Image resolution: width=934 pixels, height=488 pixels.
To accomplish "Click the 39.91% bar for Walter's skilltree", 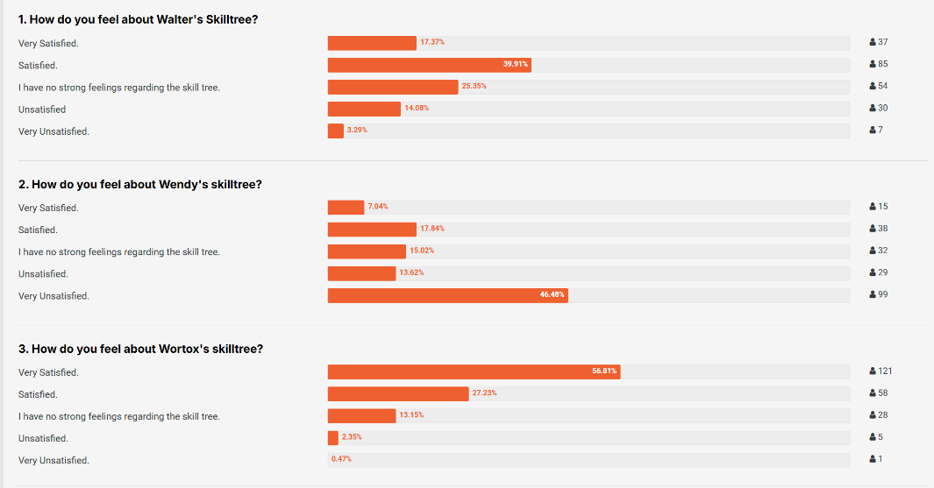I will tap(429, 65).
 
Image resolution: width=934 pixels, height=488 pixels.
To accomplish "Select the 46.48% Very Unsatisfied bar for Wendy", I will tap(447, 296).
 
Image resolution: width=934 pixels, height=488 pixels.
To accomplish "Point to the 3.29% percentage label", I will tap(357, 131).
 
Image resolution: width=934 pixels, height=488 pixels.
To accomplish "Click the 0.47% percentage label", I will tap(341, 459).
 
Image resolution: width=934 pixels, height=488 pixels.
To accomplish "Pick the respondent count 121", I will tap(885, 371).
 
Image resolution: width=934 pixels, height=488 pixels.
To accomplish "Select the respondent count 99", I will tap(883, 294).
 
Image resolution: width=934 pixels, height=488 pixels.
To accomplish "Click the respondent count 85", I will tap(883, 64).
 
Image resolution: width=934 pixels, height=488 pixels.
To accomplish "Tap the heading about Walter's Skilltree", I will tap(138, 19).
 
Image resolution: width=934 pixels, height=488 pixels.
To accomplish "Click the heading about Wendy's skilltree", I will tap(140, 184).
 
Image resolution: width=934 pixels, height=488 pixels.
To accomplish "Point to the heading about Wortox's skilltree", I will tap(140, 349).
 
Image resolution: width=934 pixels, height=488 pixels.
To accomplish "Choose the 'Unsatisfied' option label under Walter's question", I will tap(42, 110).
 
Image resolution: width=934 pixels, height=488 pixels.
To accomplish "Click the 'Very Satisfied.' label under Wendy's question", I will tap(48, 208).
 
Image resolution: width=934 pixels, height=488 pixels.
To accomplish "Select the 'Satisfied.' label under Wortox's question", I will tap(38, 394).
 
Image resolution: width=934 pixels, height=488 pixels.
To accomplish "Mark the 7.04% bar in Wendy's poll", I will tap(346, 208).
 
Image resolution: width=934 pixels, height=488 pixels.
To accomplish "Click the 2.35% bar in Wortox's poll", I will tap(333, 438).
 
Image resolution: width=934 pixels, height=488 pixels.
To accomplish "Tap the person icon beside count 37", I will tap(873, 42).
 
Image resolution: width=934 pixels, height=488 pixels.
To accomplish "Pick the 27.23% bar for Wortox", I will tap(398, 393).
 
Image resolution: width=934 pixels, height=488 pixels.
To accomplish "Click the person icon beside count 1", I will tap(873, 459).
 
